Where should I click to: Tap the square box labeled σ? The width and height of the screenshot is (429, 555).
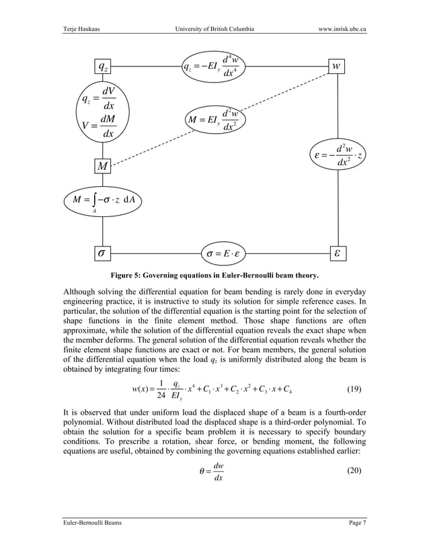click(102, 253)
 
